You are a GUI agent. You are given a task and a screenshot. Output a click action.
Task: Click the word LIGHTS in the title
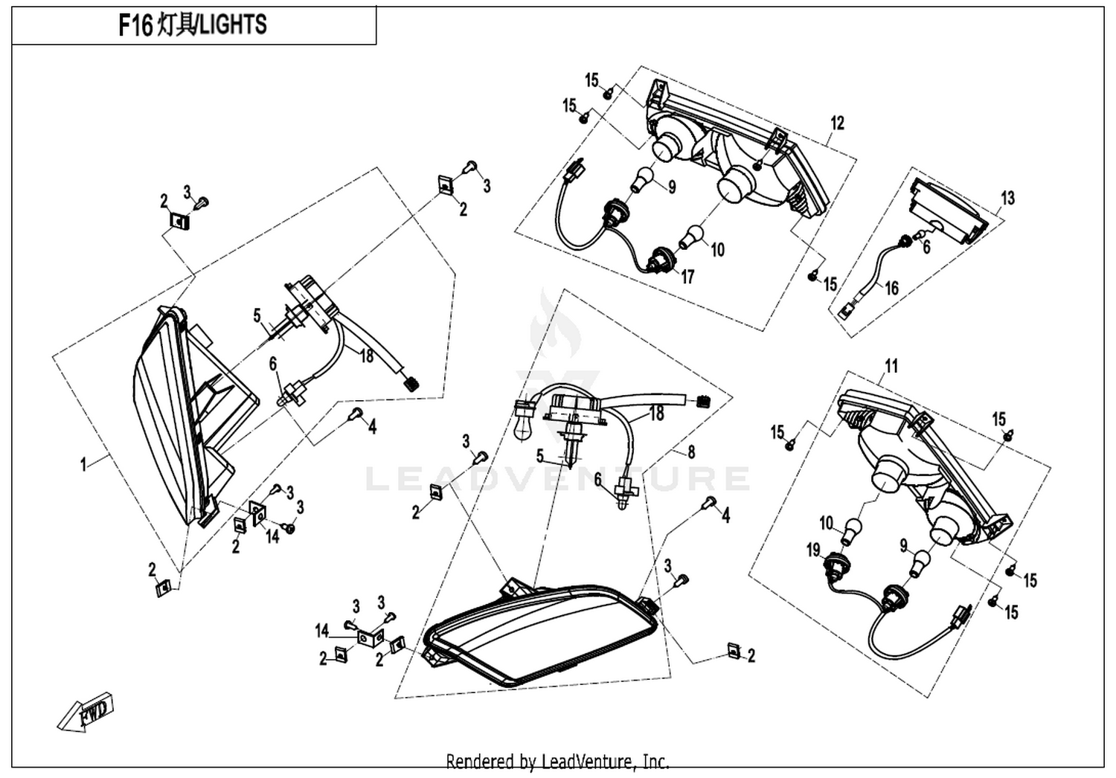[233, 25]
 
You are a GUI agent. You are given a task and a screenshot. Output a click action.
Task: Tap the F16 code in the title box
[135, 25]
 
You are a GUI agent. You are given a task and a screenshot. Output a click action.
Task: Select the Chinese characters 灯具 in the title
[175, 25]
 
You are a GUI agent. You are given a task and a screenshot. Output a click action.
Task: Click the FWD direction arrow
[86, 712]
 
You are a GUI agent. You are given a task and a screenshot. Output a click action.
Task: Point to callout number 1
[83, 464]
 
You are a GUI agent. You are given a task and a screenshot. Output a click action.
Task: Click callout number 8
[691, 452]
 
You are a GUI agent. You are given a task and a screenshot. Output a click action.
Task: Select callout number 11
[891, 366]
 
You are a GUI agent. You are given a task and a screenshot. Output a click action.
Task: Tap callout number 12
[838, 123]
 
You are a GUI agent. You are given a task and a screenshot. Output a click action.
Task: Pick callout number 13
[1007, 198]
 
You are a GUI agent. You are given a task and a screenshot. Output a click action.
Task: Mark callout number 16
[892, 288]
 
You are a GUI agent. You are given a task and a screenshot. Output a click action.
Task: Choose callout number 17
[687, 277]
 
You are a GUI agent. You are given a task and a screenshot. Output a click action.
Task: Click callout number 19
[813, 550]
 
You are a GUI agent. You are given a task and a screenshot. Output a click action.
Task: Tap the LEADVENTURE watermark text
[558, 479]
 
